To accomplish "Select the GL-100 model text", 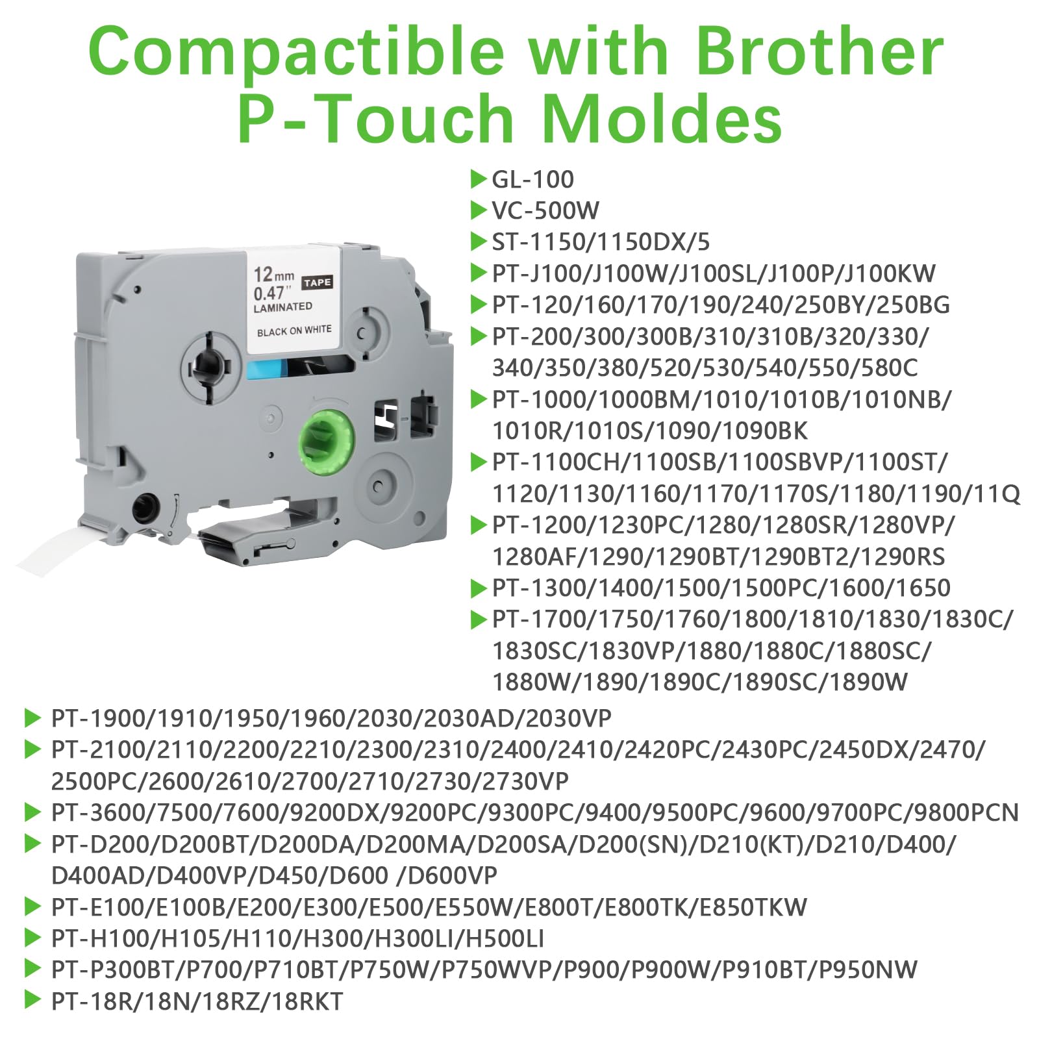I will [532, 179].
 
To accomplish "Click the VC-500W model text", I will [545, 210].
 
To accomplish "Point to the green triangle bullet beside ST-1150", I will [479, 242].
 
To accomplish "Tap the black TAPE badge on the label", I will [317, 282].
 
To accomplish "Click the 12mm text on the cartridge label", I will [273, 275].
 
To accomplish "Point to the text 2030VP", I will [568, 718].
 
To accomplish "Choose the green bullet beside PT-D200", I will [32, 844].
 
